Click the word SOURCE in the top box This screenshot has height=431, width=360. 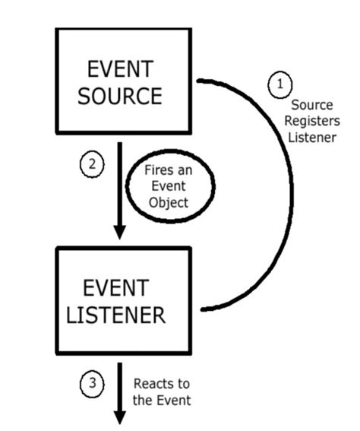[126, 96]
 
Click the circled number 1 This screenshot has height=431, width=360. [280, 83]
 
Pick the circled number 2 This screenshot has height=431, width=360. [91, 163]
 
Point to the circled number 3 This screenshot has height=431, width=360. [91, 384]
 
